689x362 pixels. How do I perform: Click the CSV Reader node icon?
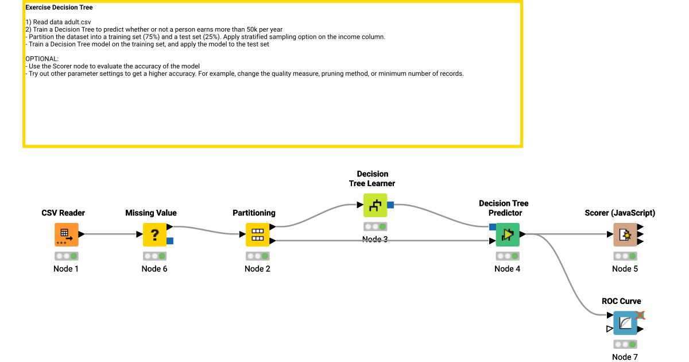click(x=66, y=234)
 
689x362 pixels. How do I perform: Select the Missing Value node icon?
click(x=154, y=234)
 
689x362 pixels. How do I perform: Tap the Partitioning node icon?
click(x=257, y=234)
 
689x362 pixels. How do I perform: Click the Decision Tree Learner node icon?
click(x=375, y=205)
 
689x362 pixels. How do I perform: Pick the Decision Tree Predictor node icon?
click(x=508, y=234)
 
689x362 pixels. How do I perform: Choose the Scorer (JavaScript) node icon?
click(x=625, y=234)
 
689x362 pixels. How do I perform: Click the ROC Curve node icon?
click(x=625, y=323)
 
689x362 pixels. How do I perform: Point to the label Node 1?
click(x=66, y=269)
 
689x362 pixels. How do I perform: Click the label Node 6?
click(x=154, y=269)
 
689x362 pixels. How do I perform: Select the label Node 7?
click(x=625, y=357)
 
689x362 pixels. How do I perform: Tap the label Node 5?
click(x=625, y=269)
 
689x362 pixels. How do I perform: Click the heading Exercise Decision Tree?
click(x=59, y=8)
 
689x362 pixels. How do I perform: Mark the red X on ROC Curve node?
click(x=640, y=315)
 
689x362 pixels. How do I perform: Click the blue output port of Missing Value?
click(x=170, y=241)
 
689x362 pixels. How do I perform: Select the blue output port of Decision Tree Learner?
click(x=390, y=205)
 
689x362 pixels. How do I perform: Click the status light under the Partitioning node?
click(x=257, y=256)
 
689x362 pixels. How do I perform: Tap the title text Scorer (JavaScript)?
click(x=620, y=213)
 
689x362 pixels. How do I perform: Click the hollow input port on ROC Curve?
click(x=609, y=329)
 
